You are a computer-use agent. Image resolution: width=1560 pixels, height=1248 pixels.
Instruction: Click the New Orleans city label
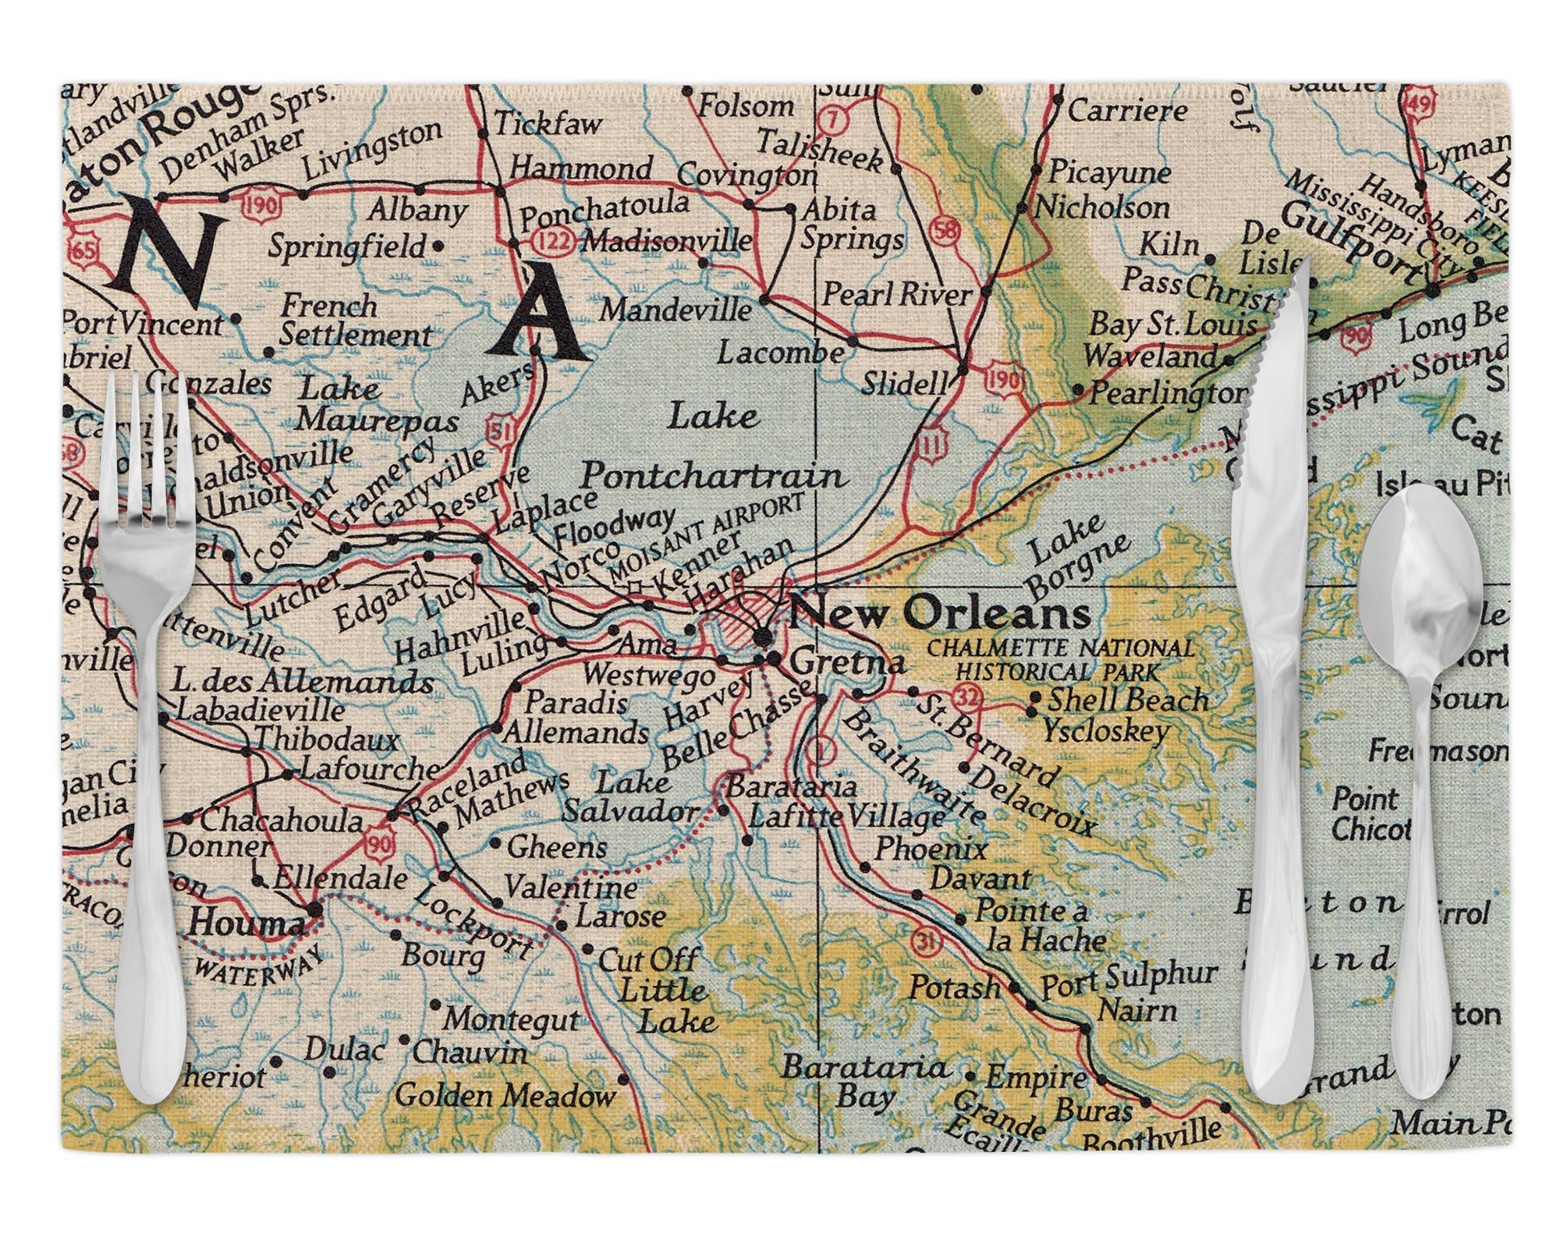coord(940,614)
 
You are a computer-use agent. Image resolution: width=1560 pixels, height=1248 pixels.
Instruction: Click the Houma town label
coord(246,924)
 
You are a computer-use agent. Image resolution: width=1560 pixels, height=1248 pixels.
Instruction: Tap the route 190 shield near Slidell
coord(1002,380)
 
